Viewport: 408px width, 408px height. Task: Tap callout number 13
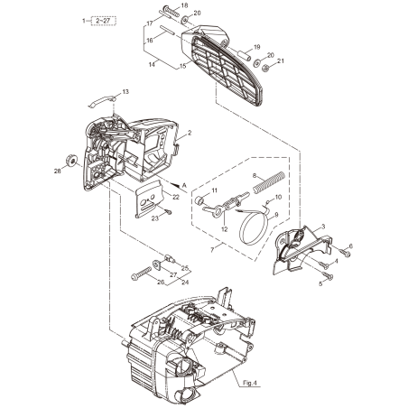click(125, 91)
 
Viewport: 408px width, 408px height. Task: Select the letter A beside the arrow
click(185, 183)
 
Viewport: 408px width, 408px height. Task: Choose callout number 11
click(215, 190)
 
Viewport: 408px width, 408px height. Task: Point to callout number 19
click(257, 47)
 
